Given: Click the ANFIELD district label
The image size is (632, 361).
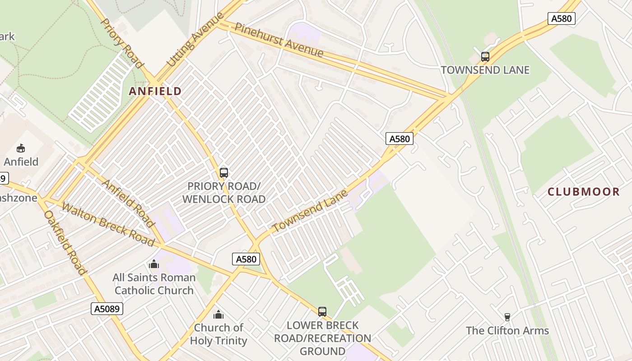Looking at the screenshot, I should (x=155, y=92).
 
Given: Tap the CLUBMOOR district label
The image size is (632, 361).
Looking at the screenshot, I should (x=583, y=192).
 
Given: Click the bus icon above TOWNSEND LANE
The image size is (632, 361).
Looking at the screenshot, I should (x=485, y=57).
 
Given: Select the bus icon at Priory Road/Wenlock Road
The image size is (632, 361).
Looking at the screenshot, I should (x=223, y=172).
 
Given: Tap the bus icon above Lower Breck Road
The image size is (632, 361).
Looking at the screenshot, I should (x=322, y=311).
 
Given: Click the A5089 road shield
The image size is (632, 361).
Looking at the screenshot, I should (x=107, y=309).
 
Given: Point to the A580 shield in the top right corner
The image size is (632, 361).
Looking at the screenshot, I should (x=562, y=19).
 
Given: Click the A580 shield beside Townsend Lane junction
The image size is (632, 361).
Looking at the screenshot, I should (x=400, y=139).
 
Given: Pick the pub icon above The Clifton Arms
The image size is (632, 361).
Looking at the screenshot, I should (x=507, y=317).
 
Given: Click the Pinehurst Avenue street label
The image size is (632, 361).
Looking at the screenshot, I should (x=279, y=40).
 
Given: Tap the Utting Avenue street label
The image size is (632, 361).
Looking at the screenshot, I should (x=195, y=40).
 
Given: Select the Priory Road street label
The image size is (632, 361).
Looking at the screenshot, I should (x=121, y=43).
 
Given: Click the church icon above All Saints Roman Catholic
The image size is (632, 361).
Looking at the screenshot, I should (x=154, y=264).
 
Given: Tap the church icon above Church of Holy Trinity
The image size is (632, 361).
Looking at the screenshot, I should (x=218, y=314).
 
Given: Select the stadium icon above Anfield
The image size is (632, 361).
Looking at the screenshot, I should (x=20, y=148).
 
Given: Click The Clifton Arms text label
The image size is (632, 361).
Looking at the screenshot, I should (x=507, y=331).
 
